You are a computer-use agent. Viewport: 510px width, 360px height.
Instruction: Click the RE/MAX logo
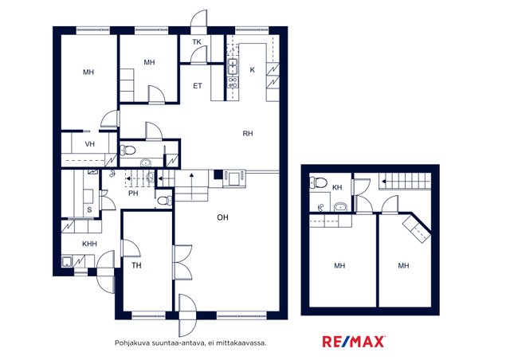coord(354,342)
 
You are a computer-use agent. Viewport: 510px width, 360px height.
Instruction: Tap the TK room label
coord(197,42)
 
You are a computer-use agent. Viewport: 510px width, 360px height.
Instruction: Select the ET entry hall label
coord(198,86)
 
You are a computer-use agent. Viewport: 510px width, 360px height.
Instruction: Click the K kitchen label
coord(253,70)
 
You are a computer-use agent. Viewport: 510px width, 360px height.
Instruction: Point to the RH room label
coord(248,133)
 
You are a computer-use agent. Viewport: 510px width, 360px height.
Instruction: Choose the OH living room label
coord(222,217)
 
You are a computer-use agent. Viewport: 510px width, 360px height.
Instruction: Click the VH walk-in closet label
coord(90,143)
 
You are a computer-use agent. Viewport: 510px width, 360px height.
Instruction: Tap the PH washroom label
coord(133,194)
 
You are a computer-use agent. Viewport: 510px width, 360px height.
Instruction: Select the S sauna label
coord(89,210)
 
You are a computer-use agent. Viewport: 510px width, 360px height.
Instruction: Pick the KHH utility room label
coord(89,244)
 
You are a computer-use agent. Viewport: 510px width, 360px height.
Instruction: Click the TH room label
coord(136,265)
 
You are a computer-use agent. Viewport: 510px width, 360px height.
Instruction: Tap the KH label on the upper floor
coord(337,187)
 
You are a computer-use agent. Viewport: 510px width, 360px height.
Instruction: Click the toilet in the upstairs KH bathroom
coord(319,182)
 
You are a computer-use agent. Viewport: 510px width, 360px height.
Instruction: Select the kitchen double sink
coord(233,67)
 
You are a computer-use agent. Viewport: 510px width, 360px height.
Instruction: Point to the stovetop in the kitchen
coord(233,83)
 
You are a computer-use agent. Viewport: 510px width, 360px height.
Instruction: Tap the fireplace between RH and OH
coord(234,178)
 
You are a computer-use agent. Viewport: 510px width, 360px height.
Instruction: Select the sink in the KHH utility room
coord(67,261)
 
